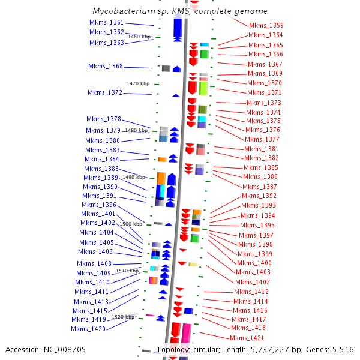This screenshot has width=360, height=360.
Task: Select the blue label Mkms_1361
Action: (x=107, y=23)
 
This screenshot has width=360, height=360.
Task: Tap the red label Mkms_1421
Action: (x=248, y=338)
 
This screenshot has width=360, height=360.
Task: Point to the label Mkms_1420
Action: (x=88, y=329)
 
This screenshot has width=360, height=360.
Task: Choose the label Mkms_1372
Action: (x=105, y=92)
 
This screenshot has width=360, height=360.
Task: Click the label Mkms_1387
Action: (x=259, y=187)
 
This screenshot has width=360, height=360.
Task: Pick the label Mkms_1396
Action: (x=99, y=205)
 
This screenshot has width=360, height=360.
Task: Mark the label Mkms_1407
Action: (x=253, y=282)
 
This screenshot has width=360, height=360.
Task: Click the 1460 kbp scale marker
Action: (x=140, y=37)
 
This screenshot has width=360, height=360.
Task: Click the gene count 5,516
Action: (x=341, y=349)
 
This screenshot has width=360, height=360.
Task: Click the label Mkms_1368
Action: (x=106, y=67)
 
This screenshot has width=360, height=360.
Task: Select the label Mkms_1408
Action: (x=94, y=263)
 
